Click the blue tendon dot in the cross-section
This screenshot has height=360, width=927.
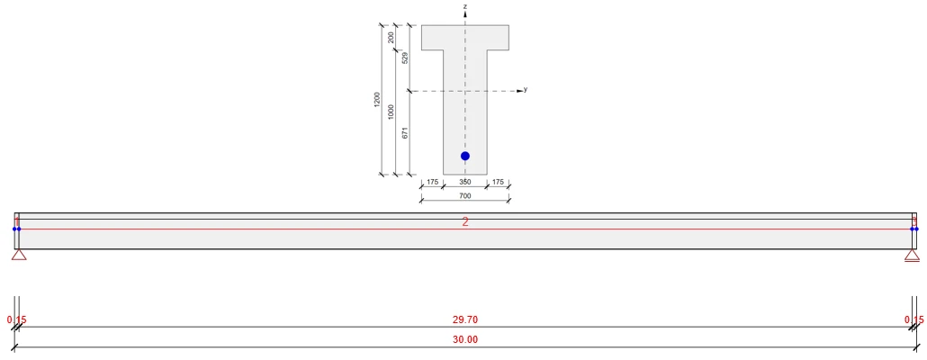[x=465, y=156]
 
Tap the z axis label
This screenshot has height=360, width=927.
[x=466, y=6]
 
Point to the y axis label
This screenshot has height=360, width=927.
[x=526, y=90]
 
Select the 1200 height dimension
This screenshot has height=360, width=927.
[x=377, y=99]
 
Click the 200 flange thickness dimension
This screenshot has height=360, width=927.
[x=391, y=38]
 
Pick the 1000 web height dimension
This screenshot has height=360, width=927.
[x=391, y=111]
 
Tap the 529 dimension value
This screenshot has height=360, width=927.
[x=405, y=58]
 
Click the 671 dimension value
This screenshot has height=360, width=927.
[x=405, y=133]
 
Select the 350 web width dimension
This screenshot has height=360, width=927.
[x=465, y=182]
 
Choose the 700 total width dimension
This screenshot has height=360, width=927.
[x=465, y=195]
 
